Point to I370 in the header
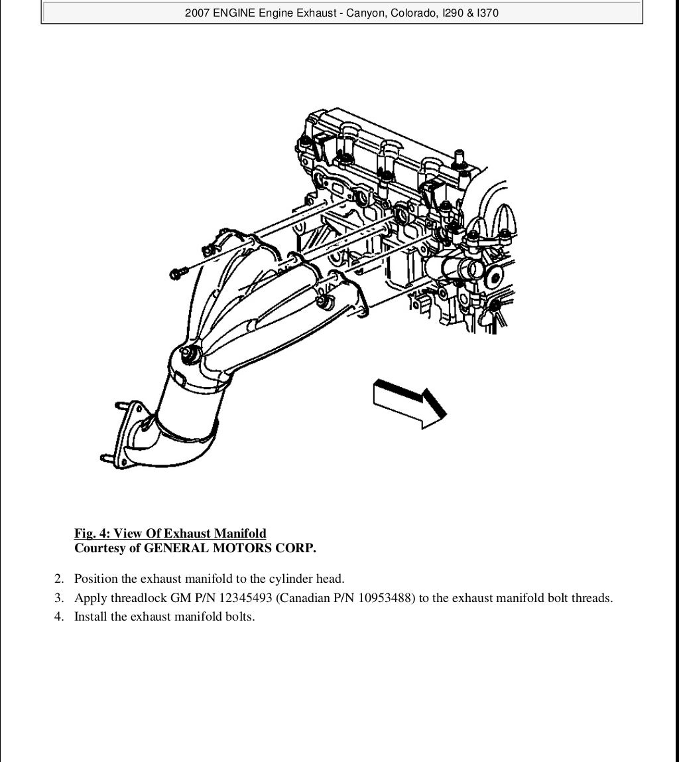[x=487, y=13]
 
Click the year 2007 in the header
[x=198, y=13]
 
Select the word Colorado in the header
[x=410, y=13]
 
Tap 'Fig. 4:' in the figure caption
[x=92, y=533]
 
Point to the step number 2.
[x=59, y=579]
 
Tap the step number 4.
[x=59, y=617]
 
